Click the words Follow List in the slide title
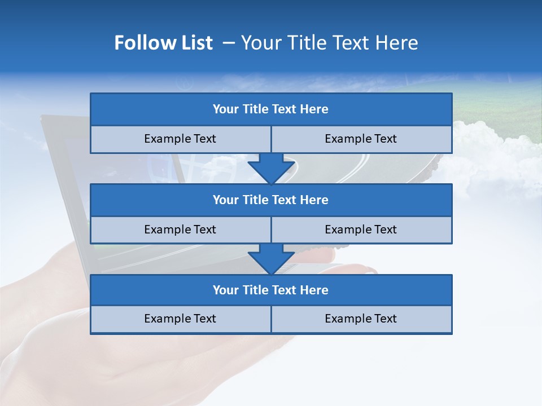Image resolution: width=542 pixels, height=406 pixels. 163,43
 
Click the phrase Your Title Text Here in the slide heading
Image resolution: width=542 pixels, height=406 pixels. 329,43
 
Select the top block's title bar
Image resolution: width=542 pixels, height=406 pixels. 271,109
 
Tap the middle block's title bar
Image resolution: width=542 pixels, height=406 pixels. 271,200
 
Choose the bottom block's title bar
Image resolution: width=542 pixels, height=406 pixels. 271,290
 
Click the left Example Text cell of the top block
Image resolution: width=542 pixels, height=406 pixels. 180,139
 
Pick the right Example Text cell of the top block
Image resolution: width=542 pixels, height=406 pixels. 361,139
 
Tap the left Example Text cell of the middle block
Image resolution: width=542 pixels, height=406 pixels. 180,230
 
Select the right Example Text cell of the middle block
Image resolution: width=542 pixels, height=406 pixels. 361,230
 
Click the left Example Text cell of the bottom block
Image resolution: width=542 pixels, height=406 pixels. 180,319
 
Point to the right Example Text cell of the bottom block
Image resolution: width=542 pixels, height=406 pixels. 361,319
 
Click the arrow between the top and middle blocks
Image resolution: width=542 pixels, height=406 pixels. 271,168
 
